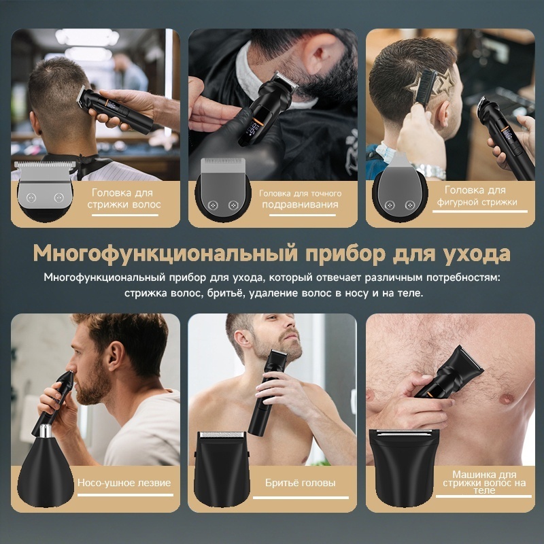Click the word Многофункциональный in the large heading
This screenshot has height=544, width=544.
(x=165, y=253)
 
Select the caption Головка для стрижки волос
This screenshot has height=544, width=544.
(x=124, y=199)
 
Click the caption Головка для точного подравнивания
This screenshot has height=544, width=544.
(x=300, y=199)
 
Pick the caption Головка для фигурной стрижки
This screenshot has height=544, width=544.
(x=477, y=196)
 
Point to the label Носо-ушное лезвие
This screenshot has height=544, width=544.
(x=124, y=483)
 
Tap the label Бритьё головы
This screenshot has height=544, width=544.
(x=300, y=483)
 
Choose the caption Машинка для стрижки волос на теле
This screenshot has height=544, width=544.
(x=484, y=482)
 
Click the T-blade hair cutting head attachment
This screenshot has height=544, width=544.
(x=45, y=190)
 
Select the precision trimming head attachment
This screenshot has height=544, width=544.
(x=223, y=188)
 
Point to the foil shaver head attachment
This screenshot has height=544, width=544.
(x=222, y=469)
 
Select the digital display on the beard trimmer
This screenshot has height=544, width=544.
(x=252, y=129)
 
